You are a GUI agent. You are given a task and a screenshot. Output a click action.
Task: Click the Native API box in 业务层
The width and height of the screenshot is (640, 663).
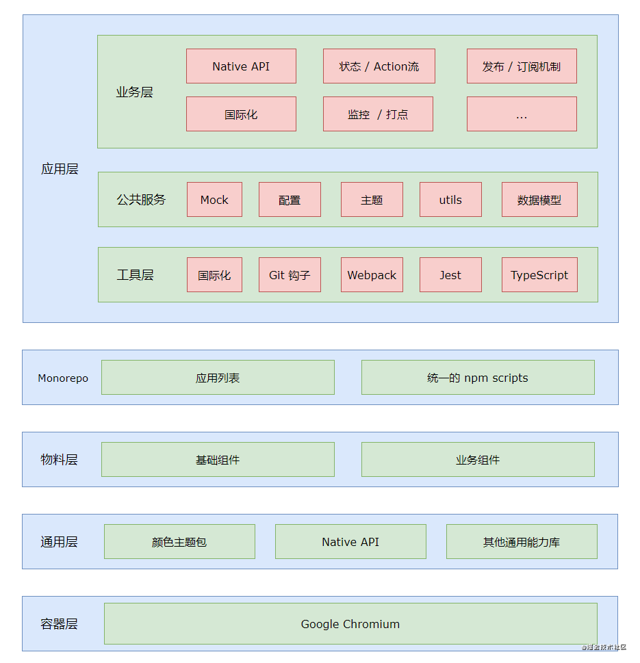[x=241, y=66]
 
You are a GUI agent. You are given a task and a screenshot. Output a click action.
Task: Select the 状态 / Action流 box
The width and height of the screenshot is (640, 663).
[x=379, y=66]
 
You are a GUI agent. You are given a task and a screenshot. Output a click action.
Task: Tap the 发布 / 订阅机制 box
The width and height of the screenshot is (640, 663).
[x=522, y=66]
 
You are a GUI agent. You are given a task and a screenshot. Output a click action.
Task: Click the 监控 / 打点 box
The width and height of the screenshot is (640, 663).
[x=378, y=114]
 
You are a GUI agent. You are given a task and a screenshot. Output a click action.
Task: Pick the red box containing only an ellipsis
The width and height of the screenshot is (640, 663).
[x=522, y=114]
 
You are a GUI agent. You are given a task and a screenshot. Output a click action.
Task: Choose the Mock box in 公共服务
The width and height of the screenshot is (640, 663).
[x=214, y=200]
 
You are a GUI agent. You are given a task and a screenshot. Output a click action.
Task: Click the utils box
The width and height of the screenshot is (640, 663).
[x=450, y=200]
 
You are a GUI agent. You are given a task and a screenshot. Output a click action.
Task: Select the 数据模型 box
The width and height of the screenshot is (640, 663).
[x=539, y=200]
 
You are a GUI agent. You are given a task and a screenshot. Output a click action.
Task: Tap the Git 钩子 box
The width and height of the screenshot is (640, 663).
[x=290, y=275]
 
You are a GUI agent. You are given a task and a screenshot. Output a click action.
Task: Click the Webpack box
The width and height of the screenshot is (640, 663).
[x=372, y=275]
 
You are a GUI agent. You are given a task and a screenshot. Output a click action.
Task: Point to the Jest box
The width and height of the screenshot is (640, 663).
[x=450, y=275]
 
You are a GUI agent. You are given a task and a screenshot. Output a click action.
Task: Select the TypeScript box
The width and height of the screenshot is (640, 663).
[x=539, y=275]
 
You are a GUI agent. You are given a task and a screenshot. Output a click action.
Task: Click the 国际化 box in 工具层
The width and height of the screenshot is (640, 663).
[x=214, y=275]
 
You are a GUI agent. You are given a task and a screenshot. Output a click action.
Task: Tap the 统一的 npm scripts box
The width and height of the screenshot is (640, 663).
[x=478, y=378]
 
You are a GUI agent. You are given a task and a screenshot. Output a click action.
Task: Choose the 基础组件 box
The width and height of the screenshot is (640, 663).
[x=218, y=460]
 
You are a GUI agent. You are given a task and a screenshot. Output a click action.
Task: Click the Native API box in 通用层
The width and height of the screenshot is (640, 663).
[x=350, y=542]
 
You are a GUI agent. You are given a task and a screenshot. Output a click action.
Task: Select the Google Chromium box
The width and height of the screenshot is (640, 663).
[x=350, y=624]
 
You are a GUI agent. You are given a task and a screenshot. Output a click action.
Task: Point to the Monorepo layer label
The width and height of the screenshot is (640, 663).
[x=63, y=378]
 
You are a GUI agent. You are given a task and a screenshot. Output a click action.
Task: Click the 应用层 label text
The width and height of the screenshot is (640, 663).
[x=60, y=169]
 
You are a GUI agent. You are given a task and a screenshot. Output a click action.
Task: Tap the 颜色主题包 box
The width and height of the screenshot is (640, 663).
[x=179, y=542]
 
